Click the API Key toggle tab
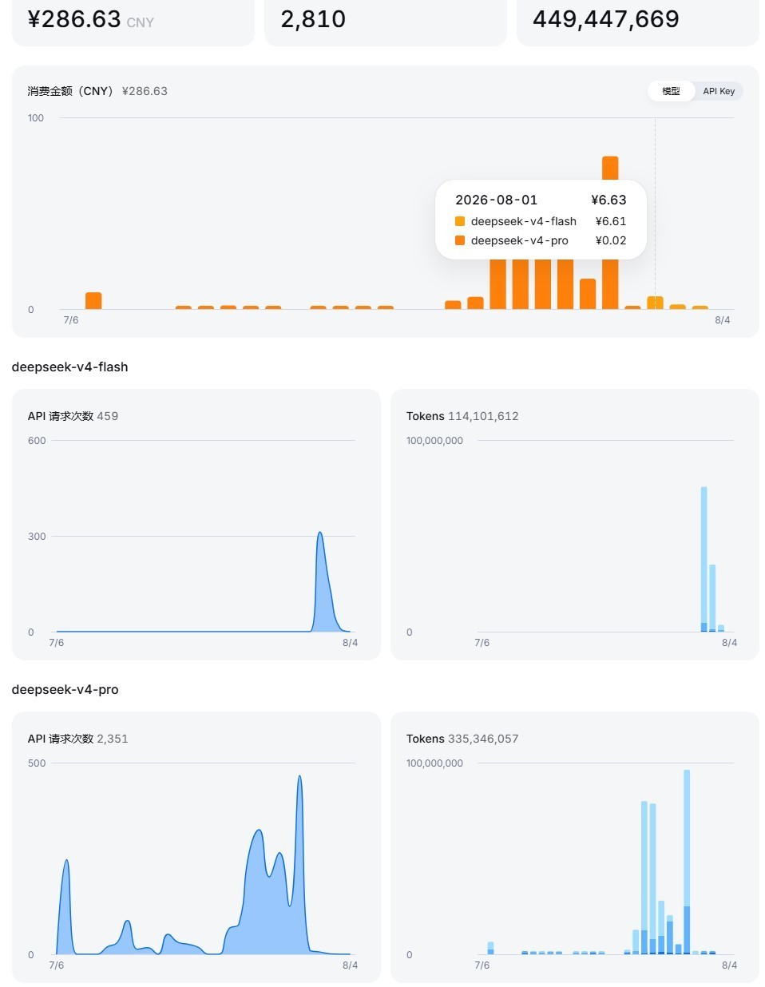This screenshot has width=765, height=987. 718,91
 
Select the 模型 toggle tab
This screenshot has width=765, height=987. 671,91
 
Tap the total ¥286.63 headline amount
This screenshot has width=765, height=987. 74,19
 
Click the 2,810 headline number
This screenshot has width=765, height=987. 313,19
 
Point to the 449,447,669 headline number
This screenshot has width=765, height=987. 605,19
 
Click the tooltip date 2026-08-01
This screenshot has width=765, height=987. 496,200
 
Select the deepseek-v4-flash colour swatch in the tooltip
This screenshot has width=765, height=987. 460,221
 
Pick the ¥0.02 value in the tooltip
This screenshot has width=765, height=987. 611,240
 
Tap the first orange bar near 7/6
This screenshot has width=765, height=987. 93,301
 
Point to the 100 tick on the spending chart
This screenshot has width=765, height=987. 36,118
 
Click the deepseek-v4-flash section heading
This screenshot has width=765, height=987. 70,367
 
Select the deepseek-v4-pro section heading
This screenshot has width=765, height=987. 65,689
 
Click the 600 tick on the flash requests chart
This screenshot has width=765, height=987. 37,440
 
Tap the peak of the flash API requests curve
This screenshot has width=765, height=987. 320,533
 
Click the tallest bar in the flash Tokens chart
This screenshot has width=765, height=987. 704,559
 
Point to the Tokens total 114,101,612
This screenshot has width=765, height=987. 483,416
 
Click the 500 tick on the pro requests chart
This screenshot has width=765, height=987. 37,763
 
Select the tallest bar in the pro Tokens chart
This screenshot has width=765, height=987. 687,862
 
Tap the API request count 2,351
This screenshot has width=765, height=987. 113,739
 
